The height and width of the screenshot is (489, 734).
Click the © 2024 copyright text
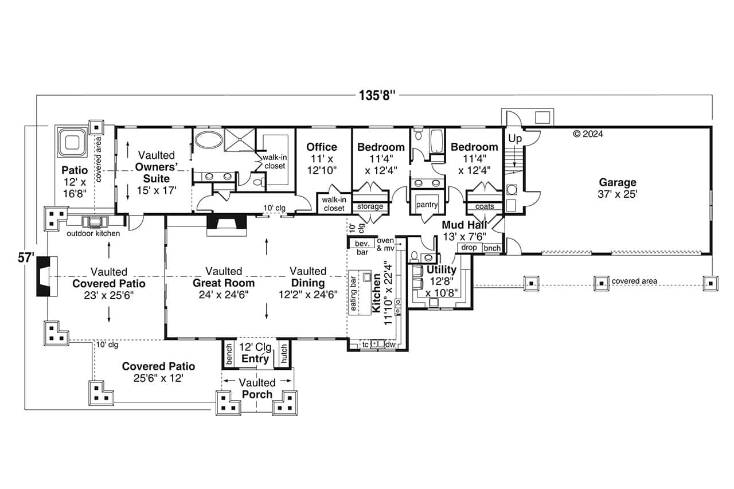tap(588, 134)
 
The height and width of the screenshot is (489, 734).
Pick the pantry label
tap(427, 205)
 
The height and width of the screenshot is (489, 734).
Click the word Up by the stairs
tap(514, 139)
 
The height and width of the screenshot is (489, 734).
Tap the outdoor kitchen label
tap(93, 233)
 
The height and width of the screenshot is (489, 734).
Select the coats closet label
tap(485, 206)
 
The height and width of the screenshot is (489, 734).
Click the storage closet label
tap(370, 206)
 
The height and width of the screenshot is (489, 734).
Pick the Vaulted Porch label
tap(257, 388)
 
